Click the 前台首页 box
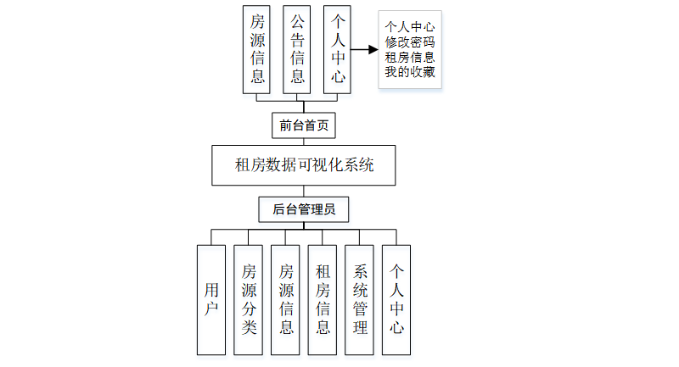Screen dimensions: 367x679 pyautogui.click(x=304, y=126)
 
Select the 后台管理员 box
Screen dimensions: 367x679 pyautogui.click(x=304, y=209)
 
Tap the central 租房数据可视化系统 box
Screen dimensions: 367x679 pyautogui.click(x=304, y=165)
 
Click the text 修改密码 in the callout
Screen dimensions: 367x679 pyautogui.click(x=410, y=42)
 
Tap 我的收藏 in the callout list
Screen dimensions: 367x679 pyautogui.click(x=410, y=72)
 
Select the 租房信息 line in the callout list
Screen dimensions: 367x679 pyautogui.click(x=410, y=57)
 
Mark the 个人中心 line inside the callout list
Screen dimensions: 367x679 pyautogui.click(x=410, y=26)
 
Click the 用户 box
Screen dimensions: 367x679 pyautogui.click(x=211, y=300)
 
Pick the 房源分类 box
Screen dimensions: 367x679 pyautogui.click(x=249, y=300)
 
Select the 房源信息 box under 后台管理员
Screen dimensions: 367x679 pyautogui.click(x=286, y=300)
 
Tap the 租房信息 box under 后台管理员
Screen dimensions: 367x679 pyautogui.click(x=323, y=300)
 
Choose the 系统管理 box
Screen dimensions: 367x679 pyautogui.click(x=360, y=300)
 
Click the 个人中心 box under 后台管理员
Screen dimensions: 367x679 pyautogui.click(x=396, y=300)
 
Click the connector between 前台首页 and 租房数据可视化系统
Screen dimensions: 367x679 pyautogui.click(x=304, y=142)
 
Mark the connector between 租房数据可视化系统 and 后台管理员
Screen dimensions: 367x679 pyautogui.click(x=304, y=192)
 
